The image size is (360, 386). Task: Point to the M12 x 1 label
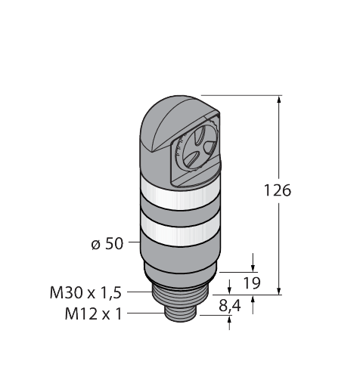click(95, 313)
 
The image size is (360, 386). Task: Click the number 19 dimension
click(253, 284)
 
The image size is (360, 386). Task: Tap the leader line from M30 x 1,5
click(143, 290)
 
